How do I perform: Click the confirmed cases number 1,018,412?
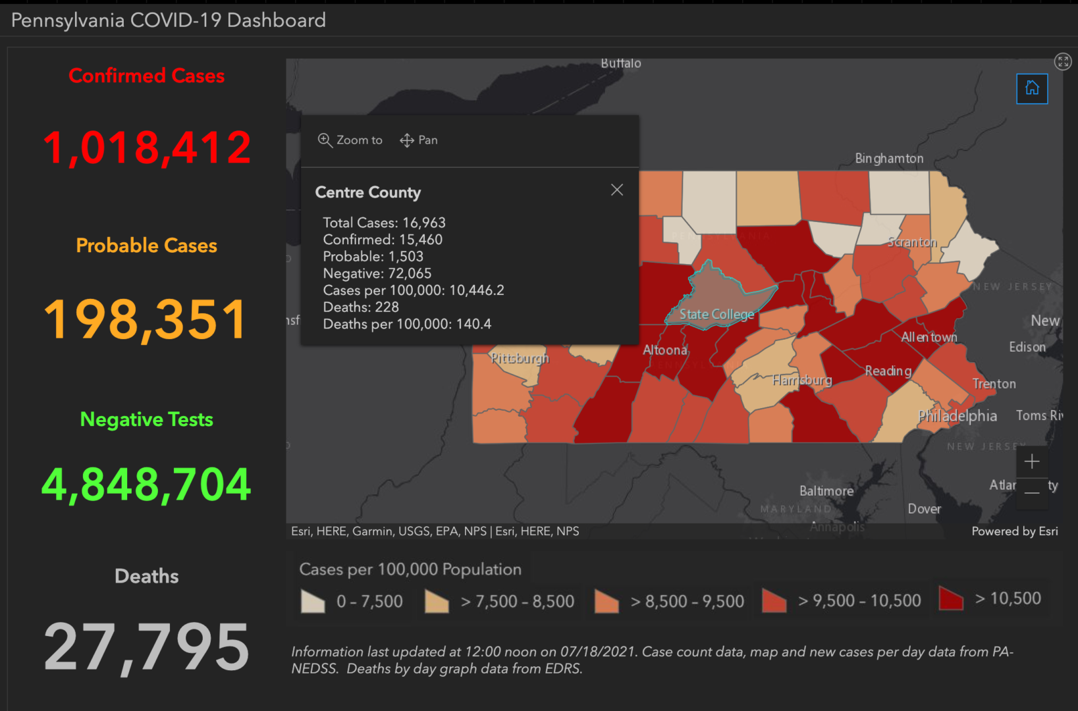(146, 147)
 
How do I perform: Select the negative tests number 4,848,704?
(146, 485)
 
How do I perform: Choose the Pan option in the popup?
(419, 140)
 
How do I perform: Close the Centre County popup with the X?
(616, 190)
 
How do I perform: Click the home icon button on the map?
(1031, 88)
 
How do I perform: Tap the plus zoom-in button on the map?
(1031, 461)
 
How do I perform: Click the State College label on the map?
(716, 315)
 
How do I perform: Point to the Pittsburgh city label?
(520, 358)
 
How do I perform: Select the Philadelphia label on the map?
(957, 416)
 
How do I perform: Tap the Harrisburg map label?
(801, 381)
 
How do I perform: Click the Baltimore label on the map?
(826, 491)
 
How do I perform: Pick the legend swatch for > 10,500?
(950, 598)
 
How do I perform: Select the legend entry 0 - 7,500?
(352, 601)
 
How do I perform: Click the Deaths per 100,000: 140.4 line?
(407, 324)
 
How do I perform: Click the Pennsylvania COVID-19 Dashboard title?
(169, 20)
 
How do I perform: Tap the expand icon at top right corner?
(1062, 62)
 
